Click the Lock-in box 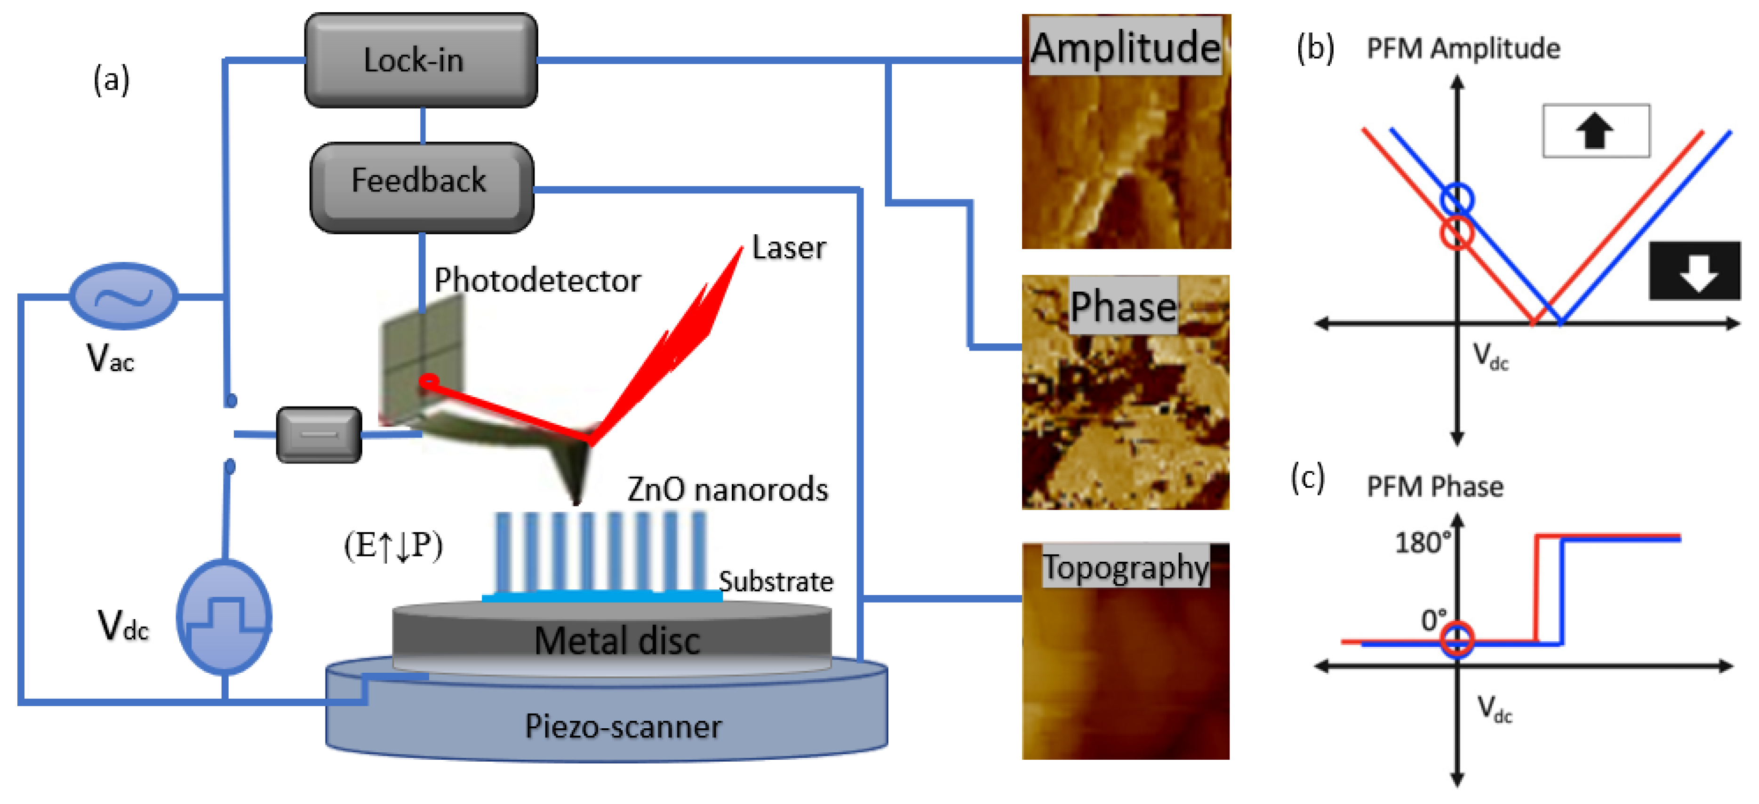pos(421,60)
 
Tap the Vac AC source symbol pos(124,296)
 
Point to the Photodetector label pos(537,280)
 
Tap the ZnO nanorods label pos(727,489)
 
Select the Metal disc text pos(616,640)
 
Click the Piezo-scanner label pos(623,726)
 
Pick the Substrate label pos(776,581)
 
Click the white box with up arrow pos(1595,131)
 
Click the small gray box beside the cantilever pos(319,435)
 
